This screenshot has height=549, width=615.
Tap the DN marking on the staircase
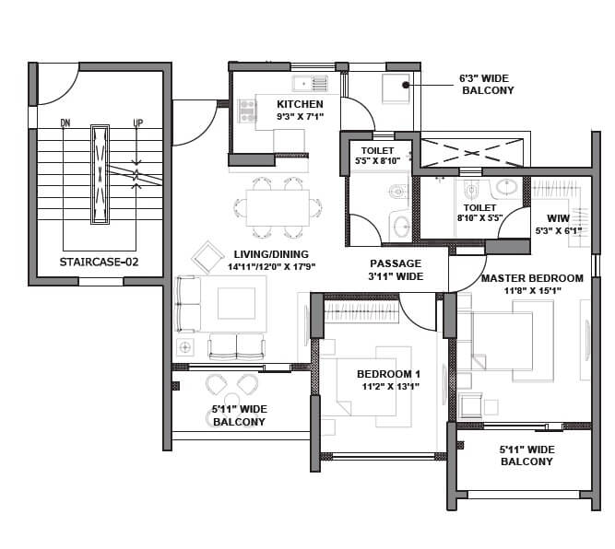point(65,123)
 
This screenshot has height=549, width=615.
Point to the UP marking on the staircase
point(137,123)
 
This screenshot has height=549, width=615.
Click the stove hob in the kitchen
point(247,111)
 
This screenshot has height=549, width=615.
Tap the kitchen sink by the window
point(319,84)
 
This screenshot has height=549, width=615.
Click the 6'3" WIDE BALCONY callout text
point(486,85)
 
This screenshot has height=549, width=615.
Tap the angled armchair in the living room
point(207,256)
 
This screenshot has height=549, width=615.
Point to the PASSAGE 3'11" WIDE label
point(396,269)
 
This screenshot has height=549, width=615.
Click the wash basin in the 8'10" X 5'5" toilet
point(505,187)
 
